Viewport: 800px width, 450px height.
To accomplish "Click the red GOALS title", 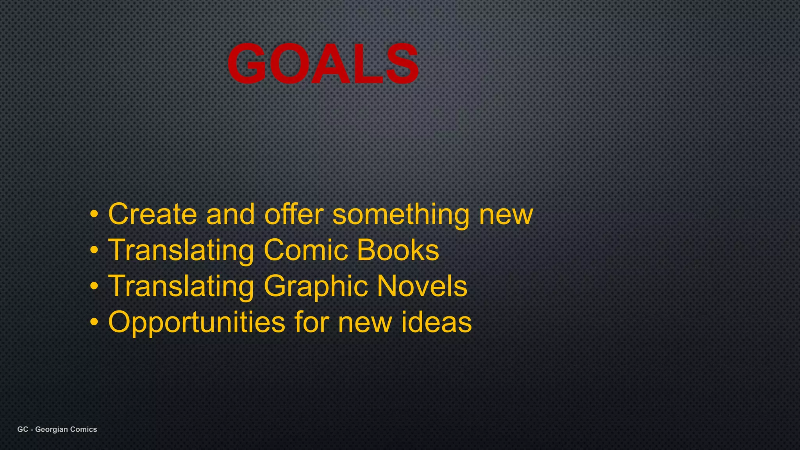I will coord(323,63).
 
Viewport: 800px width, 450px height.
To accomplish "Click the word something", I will coord(401,215).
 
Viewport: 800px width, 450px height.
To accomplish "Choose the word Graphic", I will coord(316,287).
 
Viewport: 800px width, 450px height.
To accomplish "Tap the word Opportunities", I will coord(196,323).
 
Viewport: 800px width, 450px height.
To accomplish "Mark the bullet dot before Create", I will coord(94,214).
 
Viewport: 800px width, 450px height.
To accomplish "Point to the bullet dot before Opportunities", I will coord(94,323).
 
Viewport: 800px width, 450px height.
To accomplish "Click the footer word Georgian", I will coord(52,429).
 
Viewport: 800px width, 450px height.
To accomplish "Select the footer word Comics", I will coord(84,429).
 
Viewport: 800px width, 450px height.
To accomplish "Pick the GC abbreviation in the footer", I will coord(23,429).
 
